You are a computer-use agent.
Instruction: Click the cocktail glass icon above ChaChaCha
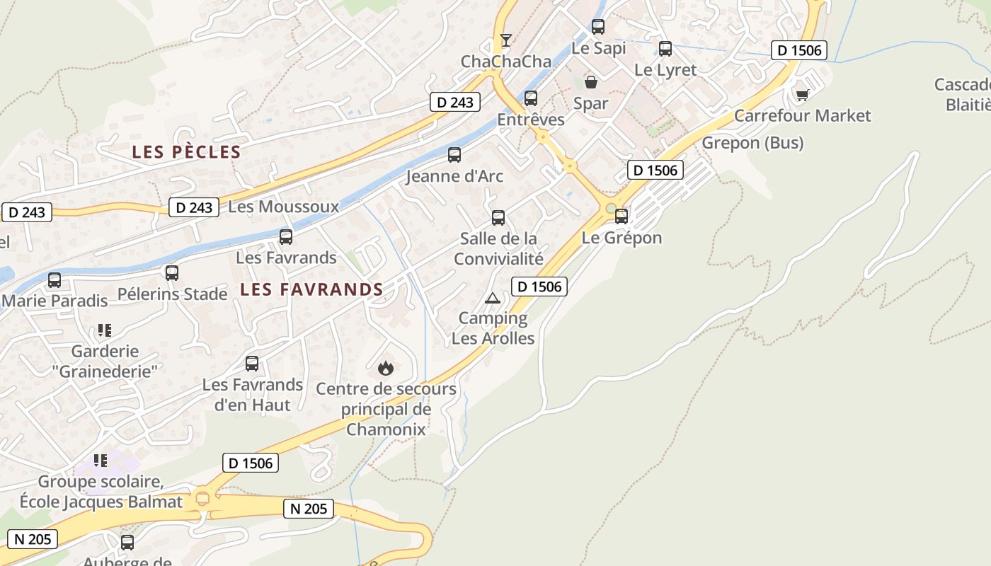point(505,40)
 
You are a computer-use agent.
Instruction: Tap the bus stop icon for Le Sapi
point(598,27)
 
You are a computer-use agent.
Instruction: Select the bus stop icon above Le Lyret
point(665,49)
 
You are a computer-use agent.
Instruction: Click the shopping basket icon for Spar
point(590,82)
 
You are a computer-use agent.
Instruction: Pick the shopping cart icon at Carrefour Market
point(802,94)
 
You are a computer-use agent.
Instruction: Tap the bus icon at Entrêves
point(531,98)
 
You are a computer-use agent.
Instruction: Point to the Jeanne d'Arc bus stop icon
point(454,154)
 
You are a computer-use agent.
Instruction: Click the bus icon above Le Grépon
point(621,216)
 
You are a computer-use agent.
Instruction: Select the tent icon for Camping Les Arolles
point(493,298)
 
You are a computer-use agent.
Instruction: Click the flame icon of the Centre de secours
point(386,368)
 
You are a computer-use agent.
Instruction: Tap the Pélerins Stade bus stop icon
point(172,273)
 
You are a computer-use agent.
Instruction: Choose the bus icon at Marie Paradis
point(55,280)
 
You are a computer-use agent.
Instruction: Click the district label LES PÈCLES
point(186,152)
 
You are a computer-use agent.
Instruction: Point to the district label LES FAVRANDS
point(311,289)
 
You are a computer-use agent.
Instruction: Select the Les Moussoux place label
point(284,207)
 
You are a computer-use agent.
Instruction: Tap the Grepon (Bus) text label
point(752,143)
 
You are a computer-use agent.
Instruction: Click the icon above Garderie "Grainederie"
point(105,330)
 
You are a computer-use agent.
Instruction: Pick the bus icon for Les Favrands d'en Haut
point(252,364)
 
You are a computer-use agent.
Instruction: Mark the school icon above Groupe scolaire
point(101,461)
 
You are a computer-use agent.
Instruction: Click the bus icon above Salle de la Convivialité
point(498,217)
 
